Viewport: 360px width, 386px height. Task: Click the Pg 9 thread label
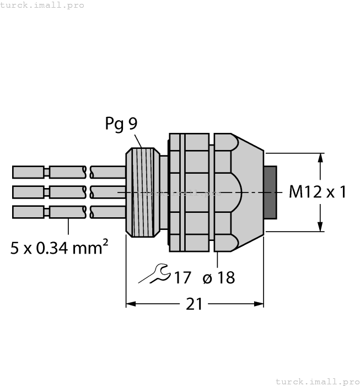(121, 124)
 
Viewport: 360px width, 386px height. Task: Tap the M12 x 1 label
(318, 192)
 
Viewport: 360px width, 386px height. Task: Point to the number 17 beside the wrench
(182, 277)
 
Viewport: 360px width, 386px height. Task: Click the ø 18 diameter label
(219, 277)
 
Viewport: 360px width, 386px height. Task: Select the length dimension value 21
(194, 304)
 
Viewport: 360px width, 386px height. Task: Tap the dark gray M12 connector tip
(270, 192)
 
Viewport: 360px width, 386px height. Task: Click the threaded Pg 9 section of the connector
(142, 192)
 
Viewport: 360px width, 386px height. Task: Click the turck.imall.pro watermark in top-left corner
(42, 5)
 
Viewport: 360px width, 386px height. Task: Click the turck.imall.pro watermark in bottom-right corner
(317, 381)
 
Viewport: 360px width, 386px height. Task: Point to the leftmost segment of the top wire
(28, 173)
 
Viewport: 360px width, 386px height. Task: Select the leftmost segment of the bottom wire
(28, 212)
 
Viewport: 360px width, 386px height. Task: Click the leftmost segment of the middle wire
(28, 192)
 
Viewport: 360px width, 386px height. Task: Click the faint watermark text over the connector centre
(179, 193)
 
